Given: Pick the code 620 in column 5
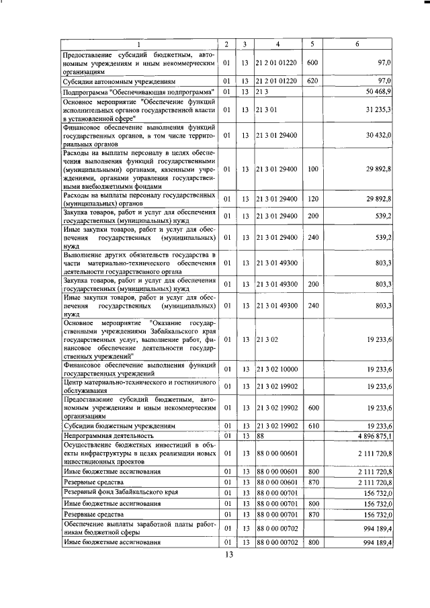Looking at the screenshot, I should point(312,81).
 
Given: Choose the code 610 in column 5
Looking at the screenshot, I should point(312,426).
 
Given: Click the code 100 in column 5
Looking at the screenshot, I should point(312,171).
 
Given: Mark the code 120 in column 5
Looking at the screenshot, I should point(312,199).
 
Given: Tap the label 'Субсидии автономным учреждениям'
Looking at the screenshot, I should point(118,81).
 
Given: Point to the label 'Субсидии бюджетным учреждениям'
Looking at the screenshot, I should point(118,426).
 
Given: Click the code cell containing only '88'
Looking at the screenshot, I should point(261,436).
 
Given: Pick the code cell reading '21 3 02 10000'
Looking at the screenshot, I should point(277,370).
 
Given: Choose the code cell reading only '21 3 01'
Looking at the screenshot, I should point(266,109).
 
